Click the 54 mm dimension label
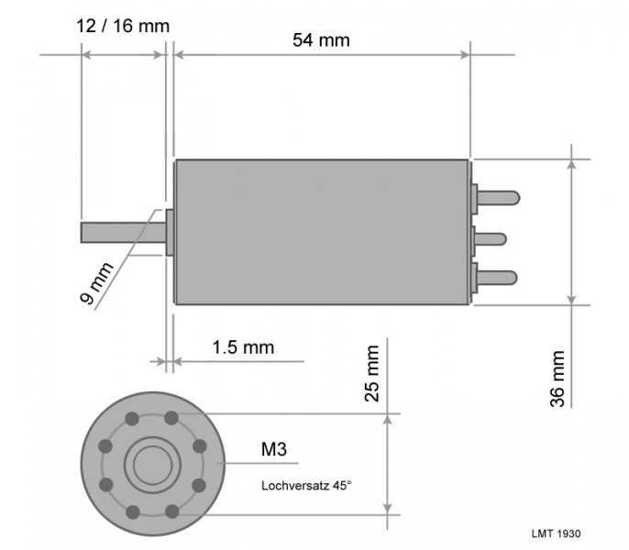coord(321,40)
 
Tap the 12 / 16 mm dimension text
coord(123,27)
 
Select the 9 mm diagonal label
coord(96,283)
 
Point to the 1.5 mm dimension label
coord(243,347)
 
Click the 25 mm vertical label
coord(372,373)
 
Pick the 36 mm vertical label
coord(557,379)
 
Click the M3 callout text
coord(274,449)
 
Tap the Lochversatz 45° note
coord(306,486)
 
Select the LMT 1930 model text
coord(556,533)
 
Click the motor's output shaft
coord(123,233)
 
